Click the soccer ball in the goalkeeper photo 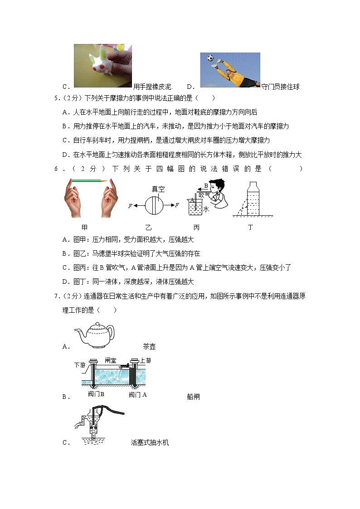(x=210, y=58)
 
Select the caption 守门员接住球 (x=280, y=87)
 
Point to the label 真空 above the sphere (x=158, y=189)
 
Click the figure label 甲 (x=84, y=227)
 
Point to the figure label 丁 (x=250, y=227)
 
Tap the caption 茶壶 (x=149, y=346)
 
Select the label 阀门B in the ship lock (x=96, y=394)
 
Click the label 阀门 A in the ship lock (x=138, y=394)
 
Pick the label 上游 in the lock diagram (x=146, y=360)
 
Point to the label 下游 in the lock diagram (x=80, y=364)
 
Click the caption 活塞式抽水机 (x=149, y=443)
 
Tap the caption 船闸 (x=193, y=397)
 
